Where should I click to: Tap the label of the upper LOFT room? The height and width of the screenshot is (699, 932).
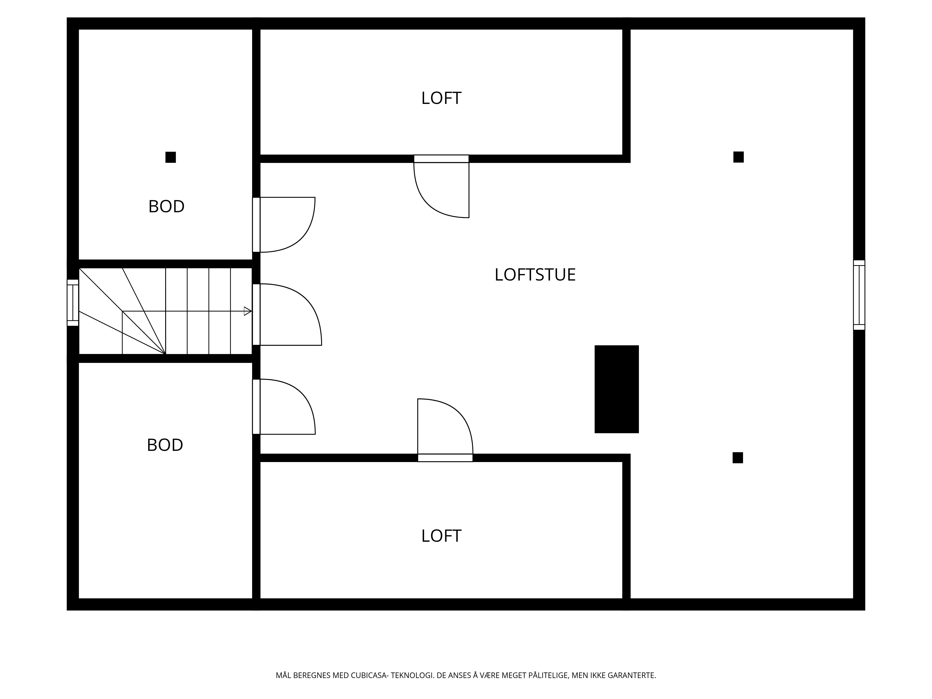(441, 98)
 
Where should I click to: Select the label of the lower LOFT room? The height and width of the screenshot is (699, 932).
(441, 536)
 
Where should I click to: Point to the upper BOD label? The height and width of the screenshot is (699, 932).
(166, 206)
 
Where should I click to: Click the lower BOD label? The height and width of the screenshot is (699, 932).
(165, 445)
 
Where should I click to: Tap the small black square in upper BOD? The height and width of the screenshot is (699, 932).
(171, 157)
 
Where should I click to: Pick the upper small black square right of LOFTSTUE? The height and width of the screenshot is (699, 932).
(739, 157)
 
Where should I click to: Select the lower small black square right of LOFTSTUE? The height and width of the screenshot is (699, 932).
(738, 458)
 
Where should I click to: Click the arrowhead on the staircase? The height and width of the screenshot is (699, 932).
(248, 311)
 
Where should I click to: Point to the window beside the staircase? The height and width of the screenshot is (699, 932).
(73, 302)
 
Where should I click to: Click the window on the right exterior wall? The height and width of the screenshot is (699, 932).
(859, 295)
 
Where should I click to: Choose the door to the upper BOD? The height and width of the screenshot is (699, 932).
(284, 225)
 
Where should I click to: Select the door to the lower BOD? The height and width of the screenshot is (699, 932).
(284, 407)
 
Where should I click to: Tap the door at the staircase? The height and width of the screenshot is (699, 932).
(287, 314)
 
